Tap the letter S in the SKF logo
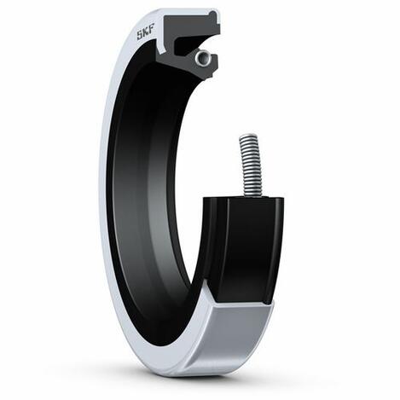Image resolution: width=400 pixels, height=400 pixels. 140,35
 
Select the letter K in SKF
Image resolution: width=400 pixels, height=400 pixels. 146,32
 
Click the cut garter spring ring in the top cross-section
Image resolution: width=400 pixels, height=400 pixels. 203,58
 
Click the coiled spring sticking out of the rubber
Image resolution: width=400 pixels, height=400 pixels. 251,165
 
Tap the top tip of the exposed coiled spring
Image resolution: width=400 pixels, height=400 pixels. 249,133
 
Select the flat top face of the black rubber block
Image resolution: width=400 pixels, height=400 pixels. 245,199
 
